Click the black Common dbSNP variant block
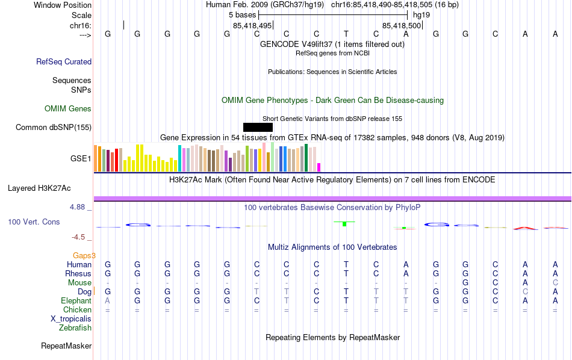258,127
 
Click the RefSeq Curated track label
64,61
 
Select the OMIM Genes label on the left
68,109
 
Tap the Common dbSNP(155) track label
54,127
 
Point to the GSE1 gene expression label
81,159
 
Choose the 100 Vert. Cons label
34,222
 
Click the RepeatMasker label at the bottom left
66,346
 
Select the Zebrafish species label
75,328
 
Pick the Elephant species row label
76,301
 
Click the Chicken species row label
77,310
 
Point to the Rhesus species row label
78,274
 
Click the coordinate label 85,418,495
252,26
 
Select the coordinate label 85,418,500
402,26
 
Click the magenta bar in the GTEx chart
319,167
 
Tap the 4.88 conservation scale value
81,207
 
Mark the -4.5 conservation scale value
82,237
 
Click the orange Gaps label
84,255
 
